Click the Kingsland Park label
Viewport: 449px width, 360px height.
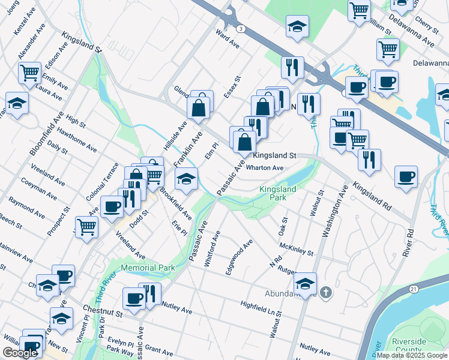[x=277, y=193]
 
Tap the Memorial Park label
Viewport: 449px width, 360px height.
[x=148, y=268]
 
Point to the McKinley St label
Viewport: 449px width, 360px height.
[x=297, y=248]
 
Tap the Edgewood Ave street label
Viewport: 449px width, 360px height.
[x=239, y=257]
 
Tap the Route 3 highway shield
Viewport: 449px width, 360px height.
[x=240, y=28]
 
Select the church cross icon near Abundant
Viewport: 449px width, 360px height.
[x=325, y=293]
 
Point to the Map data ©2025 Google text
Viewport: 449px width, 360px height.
[x=412, y=355]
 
